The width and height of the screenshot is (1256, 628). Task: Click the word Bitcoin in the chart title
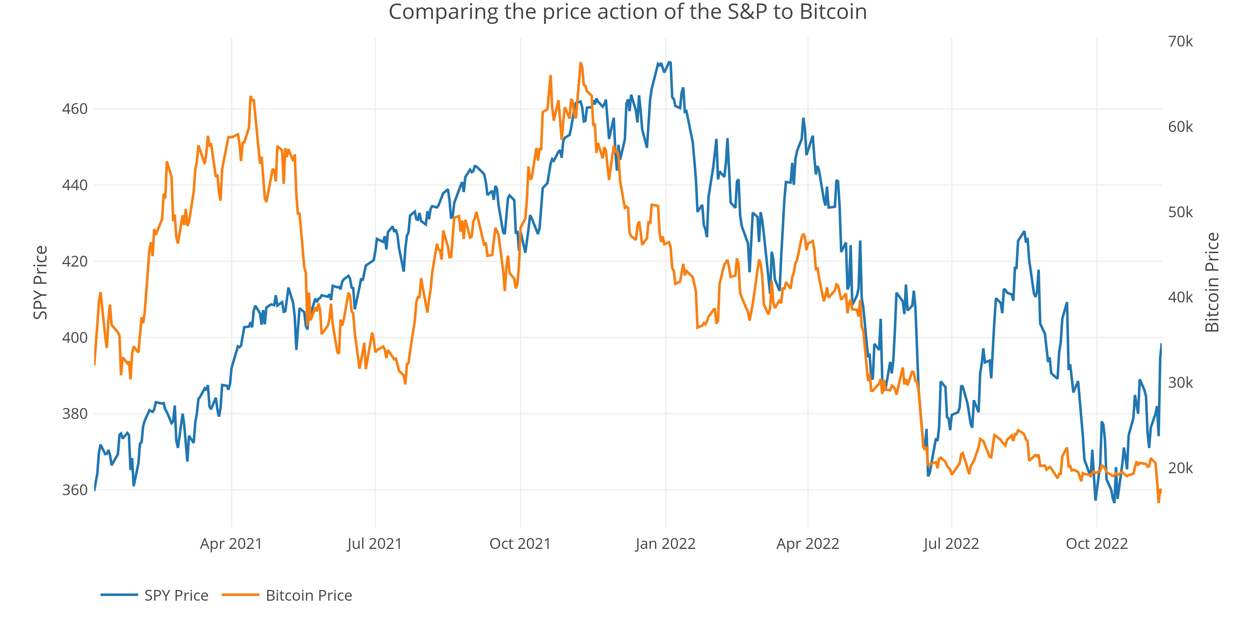coord(833,12)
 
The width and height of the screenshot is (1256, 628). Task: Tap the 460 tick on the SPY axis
coord(75,109)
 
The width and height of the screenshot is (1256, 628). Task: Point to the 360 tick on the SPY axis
coord(75,490)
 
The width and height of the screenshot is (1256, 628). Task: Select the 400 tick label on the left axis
coord(75,338)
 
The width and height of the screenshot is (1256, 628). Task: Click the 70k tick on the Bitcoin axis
coord(1180,41)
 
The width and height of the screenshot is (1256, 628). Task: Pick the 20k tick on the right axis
coord(1180,468)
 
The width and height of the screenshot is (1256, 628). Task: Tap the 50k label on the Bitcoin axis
coord(1180,212)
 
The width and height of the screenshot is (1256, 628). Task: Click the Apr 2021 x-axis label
coord(231,544)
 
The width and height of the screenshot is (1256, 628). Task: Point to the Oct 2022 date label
coord(1096,544)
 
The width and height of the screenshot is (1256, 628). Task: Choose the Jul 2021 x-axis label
coord(375,544)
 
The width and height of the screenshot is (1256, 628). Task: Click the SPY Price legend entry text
coord(176,595)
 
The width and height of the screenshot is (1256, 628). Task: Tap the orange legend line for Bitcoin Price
coord(241,595)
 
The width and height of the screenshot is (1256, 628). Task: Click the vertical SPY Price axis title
coord(41,283)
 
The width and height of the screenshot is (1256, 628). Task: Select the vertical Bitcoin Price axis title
coord(1212,283)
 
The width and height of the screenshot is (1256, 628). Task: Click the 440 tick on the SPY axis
coord(75,185)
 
